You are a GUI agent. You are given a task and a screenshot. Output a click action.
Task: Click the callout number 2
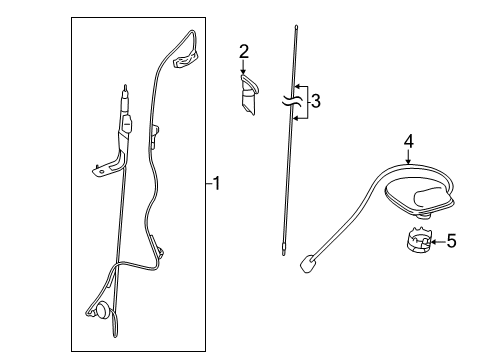point(243,51)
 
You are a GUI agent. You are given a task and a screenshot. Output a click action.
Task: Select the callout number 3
point(316,101)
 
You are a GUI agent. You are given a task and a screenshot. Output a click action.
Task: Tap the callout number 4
point(408,143)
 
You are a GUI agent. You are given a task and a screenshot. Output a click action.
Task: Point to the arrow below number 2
point(243,67)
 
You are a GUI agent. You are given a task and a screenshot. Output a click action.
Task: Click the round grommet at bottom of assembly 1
point(103,311)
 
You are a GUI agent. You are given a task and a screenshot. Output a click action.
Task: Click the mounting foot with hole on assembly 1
point(102,171)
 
